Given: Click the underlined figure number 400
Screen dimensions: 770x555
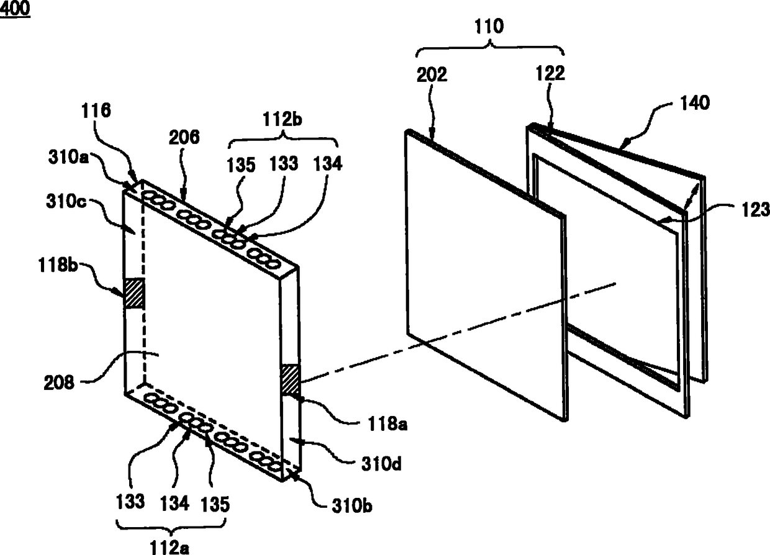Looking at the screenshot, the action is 15,8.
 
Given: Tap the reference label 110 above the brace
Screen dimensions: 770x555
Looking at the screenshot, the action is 489,27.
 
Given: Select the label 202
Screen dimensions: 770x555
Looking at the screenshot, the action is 432,74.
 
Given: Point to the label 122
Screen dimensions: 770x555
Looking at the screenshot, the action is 550,73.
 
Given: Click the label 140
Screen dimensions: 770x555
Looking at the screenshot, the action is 695,103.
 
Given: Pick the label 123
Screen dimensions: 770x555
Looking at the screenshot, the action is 756,210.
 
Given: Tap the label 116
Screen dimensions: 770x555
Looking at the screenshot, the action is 96,111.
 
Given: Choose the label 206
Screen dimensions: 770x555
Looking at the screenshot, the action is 184,137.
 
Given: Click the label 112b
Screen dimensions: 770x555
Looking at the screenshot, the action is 282,119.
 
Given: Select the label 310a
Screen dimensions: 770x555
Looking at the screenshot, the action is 68,157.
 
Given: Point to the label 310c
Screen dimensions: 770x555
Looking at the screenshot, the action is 66,201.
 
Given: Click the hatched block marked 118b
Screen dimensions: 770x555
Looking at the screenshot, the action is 134,293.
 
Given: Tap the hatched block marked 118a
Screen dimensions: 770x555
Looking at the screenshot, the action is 291,380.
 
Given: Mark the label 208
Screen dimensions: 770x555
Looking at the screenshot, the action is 59,382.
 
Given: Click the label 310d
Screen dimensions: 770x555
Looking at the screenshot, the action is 381,464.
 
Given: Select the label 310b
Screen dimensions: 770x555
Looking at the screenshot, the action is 351,505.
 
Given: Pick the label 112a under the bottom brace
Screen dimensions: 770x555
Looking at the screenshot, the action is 170,547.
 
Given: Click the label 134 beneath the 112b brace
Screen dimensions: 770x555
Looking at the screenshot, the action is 328,163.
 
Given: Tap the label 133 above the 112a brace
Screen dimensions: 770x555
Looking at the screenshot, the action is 130,502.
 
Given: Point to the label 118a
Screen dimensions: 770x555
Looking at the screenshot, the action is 387,424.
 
